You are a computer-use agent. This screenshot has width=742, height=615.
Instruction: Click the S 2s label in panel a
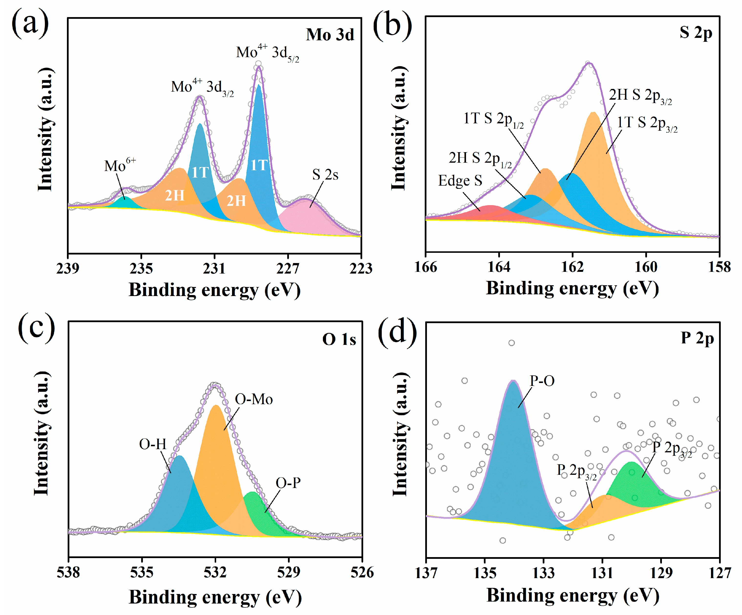325,174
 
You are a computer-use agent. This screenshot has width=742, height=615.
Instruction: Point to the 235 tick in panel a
141,268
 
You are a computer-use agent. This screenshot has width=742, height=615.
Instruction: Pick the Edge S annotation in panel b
460,180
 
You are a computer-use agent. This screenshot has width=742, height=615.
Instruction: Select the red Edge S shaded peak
489,213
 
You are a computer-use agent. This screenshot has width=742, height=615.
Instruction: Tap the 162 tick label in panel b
572,267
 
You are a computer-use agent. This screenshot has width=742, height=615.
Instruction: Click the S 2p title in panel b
695,32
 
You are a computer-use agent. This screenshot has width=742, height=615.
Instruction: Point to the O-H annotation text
152,444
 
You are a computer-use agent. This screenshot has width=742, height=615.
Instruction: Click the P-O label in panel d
542,381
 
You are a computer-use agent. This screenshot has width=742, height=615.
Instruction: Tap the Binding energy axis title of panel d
572,595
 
